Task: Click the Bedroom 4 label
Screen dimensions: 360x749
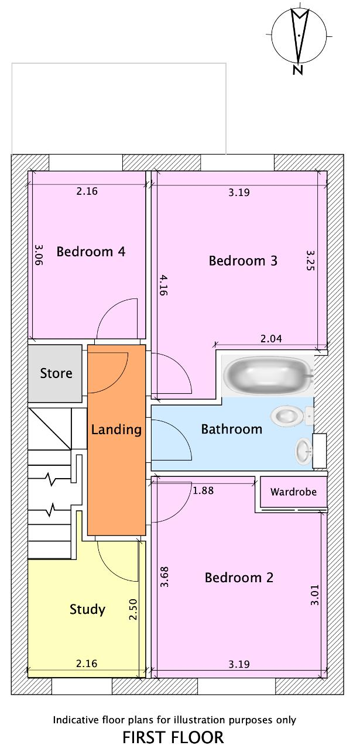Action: (x=91, y=252)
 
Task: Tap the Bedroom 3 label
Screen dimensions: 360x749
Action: (x=243, y=261)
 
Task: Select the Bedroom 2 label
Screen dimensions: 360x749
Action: (x=239, y=578)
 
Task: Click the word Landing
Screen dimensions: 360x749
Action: (x=116, y=430)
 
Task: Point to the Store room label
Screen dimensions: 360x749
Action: (x=56, y=373)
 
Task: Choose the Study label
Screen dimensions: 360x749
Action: (x=87, y=610)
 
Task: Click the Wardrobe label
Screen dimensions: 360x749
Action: (x=293, y=492)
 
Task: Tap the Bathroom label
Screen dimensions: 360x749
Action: (x=232, y=430)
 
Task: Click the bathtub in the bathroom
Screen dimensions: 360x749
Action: (x=268, y=375)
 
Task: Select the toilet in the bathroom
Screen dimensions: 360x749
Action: (x=292, y=417)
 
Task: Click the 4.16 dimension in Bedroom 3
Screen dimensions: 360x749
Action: (x=163, y=285)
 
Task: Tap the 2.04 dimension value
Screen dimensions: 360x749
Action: (x=271, y=339)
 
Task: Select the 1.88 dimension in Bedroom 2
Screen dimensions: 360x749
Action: (x=203, y=490)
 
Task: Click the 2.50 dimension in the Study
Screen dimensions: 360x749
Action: (x=133, y=609)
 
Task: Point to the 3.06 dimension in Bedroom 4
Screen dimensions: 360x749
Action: (x=39, y=255)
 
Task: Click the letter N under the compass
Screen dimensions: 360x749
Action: (x=298, y=70)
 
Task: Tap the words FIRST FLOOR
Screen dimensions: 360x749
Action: (x=173, y=737)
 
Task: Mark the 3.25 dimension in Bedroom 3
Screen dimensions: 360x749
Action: (x=310, y=260)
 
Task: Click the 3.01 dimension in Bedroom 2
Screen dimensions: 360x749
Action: (x=315, y=595)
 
